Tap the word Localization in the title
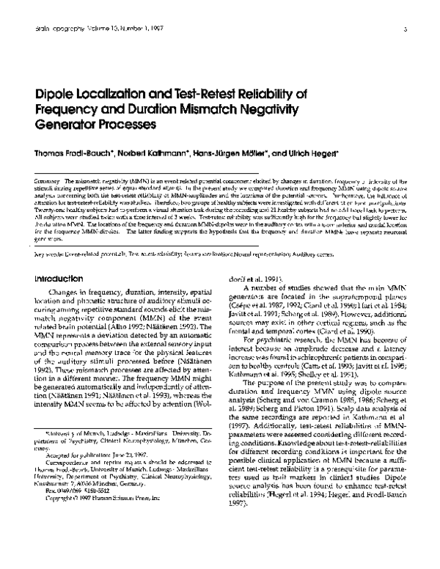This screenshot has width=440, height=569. point(114,93)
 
